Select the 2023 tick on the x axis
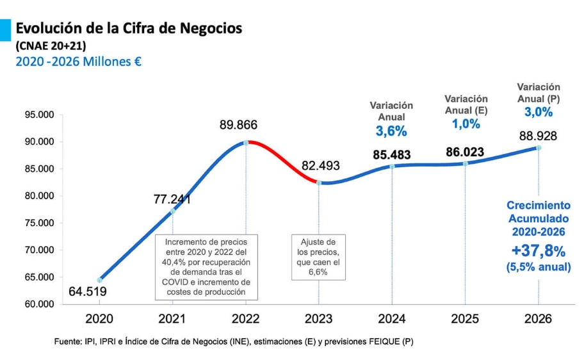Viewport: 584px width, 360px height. (319, 318)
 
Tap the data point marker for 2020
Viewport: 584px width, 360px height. (99, 280)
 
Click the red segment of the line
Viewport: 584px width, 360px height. (282, 160)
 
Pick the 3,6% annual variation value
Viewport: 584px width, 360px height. (391, 131)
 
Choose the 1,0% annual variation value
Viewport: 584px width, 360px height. (466, 124)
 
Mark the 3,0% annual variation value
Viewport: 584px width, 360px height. (539, 112)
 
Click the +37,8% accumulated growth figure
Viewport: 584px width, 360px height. (539, 250)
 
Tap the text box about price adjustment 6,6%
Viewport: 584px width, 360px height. (318, 258)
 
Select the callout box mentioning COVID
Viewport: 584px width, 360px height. (207, 267)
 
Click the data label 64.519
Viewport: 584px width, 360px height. (88, 292)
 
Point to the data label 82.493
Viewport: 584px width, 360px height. (321, 166)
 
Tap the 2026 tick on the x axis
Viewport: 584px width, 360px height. (538, 318)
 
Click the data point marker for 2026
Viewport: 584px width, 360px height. (539, 147)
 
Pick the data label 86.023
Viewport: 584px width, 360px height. (465, 152)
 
